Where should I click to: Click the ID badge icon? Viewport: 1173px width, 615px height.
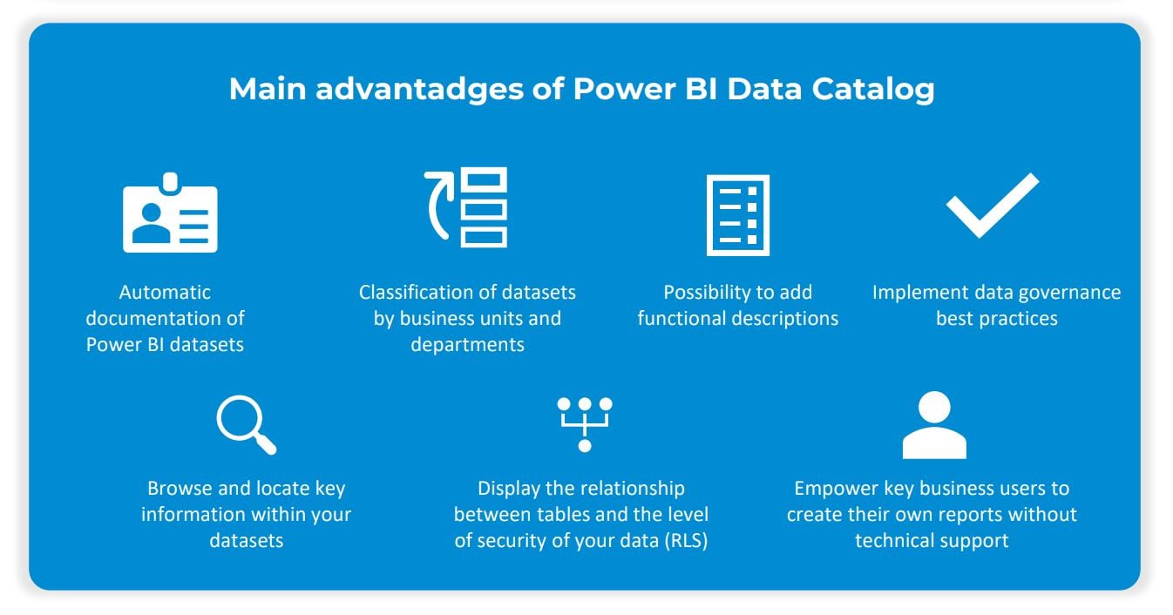(x=170, y=213)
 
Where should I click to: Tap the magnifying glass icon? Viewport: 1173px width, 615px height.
(x=245, y=425)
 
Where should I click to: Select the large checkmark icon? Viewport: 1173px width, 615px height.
(x=993, y=206)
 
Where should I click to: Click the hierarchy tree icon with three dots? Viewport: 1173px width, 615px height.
(x=585, y=424)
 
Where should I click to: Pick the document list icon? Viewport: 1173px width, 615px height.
(x=737, y=215)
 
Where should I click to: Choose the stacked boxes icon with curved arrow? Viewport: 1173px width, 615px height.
(x=467, y=208)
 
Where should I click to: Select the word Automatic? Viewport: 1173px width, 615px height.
(x=165, y=293)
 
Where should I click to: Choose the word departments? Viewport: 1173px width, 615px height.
(x=467, y=345)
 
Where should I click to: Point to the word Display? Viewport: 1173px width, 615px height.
(x=509, y=489)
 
